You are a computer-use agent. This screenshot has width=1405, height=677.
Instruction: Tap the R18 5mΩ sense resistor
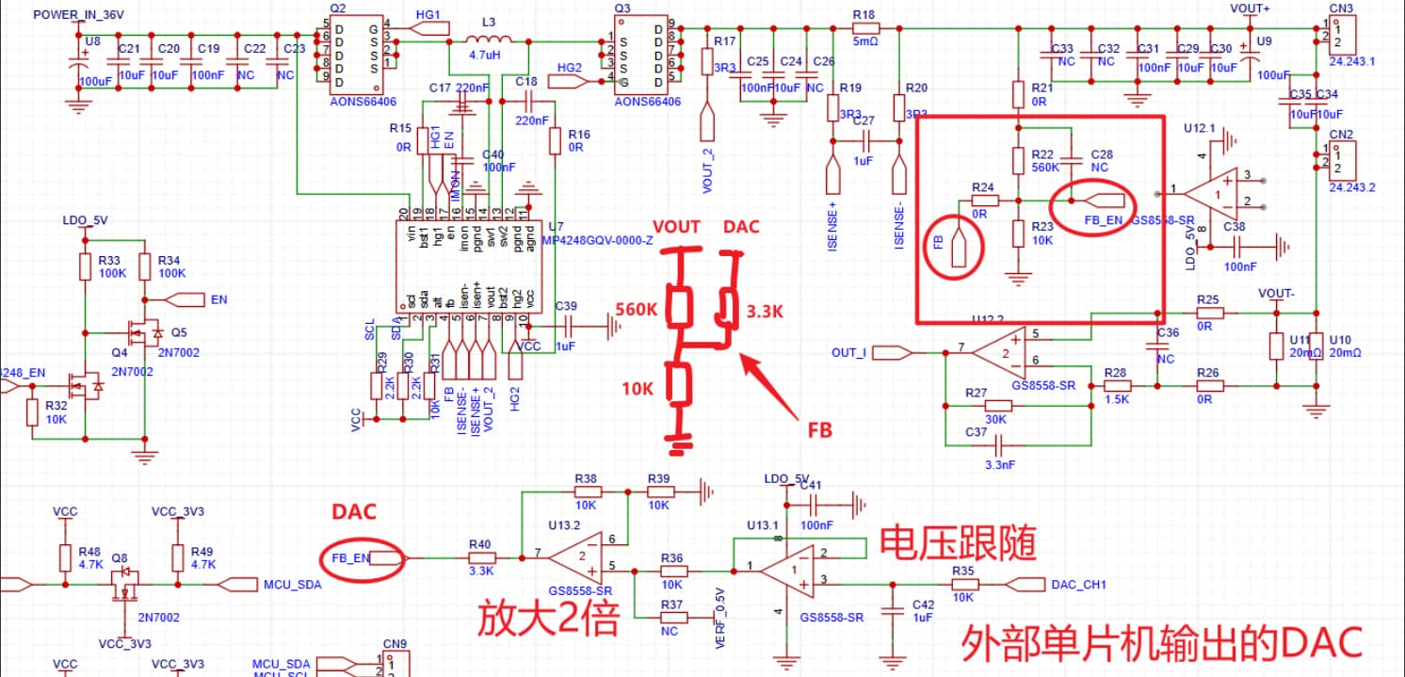864,27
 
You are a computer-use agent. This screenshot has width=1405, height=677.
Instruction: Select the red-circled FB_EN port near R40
362,557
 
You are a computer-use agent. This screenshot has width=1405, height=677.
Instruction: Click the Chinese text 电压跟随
958,544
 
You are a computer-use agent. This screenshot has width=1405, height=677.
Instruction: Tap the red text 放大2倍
548,620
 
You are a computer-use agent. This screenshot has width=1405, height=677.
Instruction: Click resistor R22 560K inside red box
1019,160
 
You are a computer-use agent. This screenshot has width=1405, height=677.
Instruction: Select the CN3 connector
1342,39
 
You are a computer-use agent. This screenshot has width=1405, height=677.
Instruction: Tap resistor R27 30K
998,407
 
